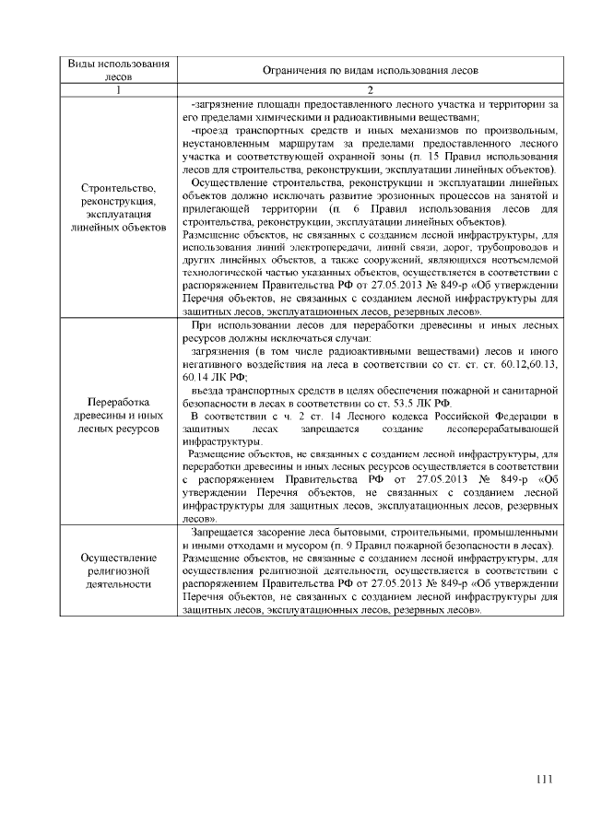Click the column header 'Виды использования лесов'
[120, 70]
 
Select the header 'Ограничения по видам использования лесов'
[369, 70]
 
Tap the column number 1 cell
[120, 90]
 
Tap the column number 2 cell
[369, 90]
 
